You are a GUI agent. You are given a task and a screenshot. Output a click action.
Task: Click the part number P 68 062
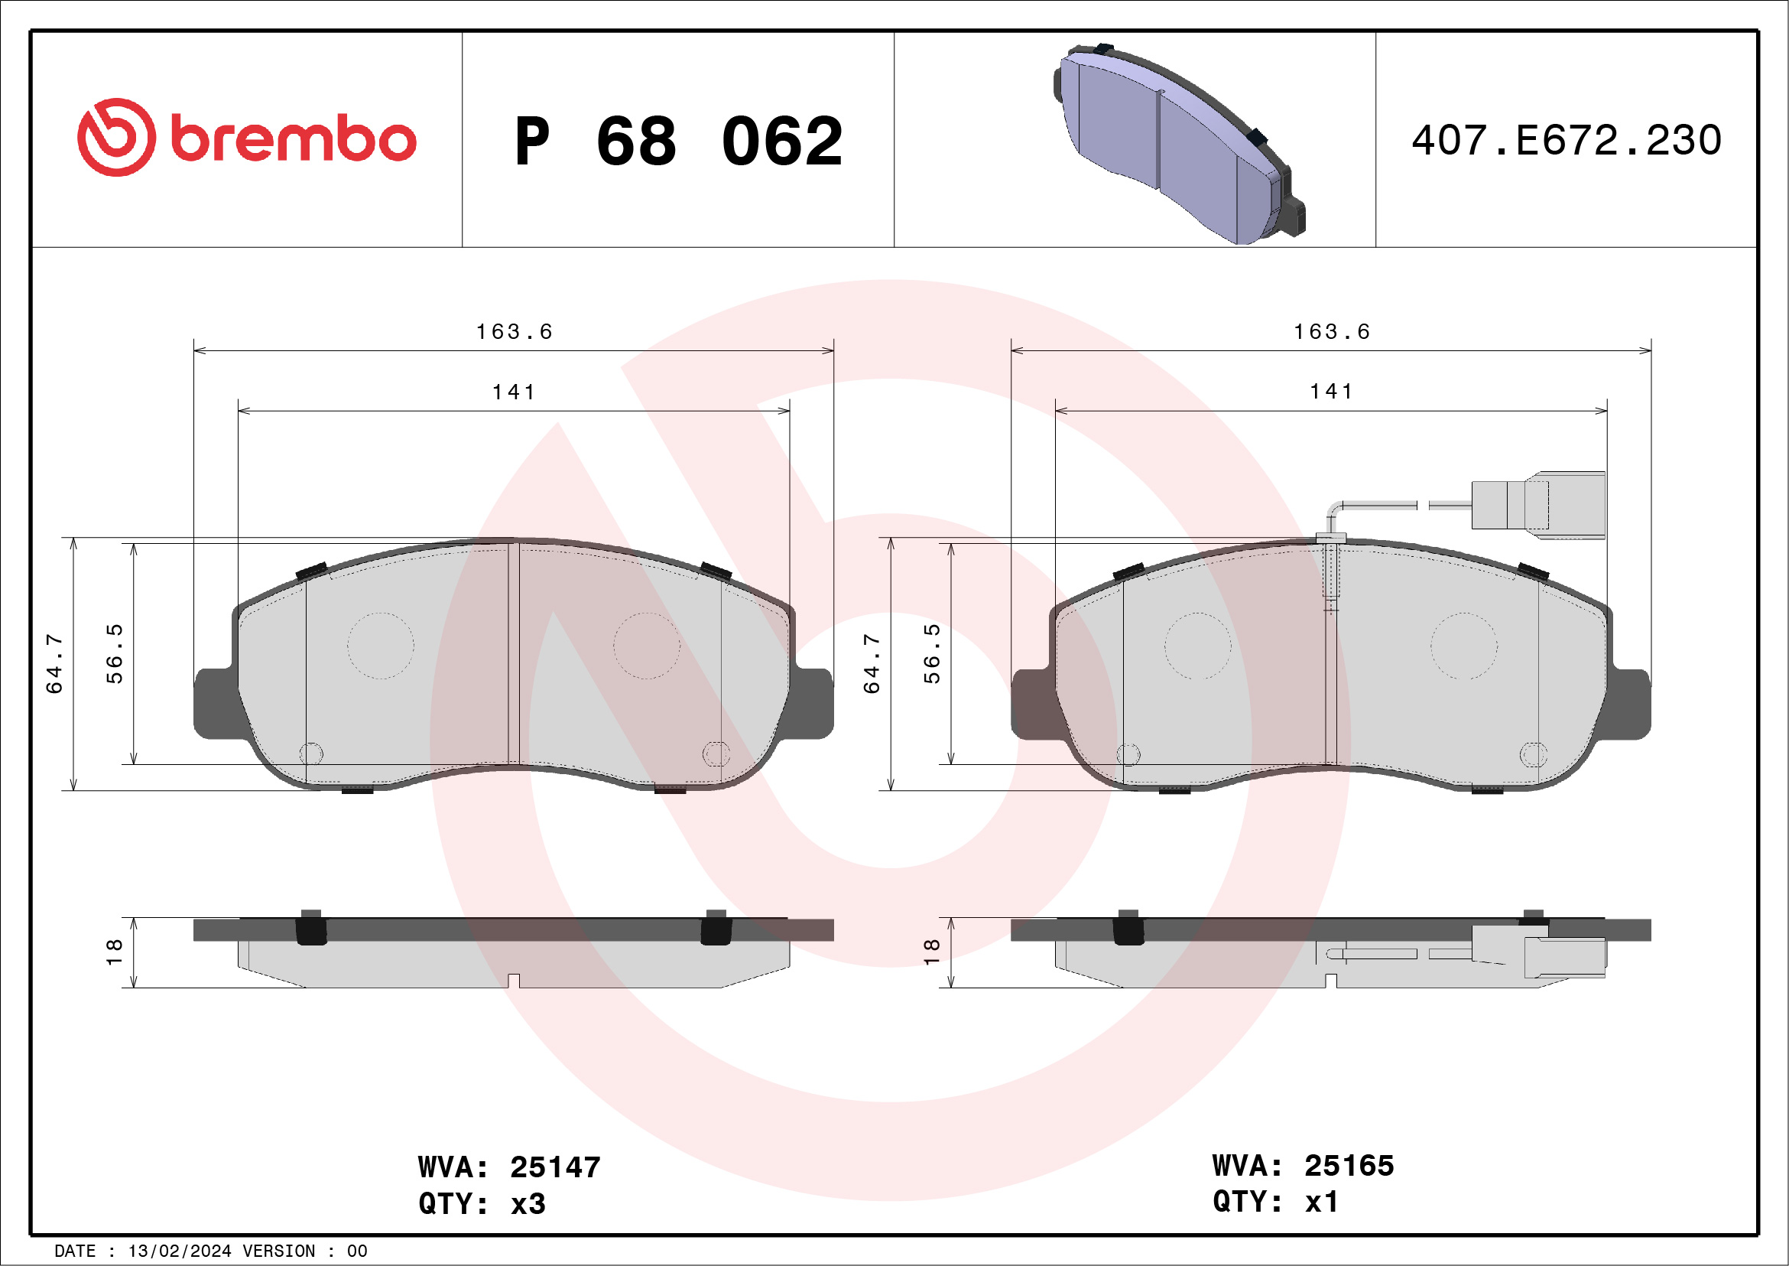678,141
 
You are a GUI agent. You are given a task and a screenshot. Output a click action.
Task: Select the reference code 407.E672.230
1567,140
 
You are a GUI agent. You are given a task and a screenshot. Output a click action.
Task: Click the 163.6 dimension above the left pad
515,332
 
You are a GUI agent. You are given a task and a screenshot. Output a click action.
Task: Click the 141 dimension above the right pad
1332,392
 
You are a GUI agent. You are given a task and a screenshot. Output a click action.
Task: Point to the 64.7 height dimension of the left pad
54,663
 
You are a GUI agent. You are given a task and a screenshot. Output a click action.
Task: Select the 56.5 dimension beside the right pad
932,653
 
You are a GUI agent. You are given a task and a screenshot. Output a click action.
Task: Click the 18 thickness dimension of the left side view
114,952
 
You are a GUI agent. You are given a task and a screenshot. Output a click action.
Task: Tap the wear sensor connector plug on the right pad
1539,505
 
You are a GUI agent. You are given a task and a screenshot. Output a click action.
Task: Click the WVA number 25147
555,1167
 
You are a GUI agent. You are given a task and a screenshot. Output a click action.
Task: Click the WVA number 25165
1349,1166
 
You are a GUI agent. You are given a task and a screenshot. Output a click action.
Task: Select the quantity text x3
528,1203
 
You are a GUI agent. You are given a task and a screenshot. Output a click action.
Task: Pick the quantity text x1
1322,1201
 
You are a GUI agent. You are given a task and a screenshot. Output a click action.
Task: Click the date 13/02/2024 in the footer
179,1251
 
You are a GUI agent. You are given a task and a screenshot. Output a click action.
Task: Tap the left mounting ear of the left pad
214,703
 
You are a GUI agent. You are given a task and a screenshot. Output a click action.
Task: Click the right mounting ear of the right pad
1630,703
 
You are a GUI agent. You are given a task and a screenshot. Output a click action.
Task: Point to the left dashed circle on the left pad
380,646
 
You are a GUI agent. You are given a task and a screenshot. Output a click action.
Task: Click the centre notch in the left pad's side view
514,981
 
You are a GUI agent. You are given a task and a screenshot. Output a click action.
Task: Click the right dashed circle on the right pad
1464,646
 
